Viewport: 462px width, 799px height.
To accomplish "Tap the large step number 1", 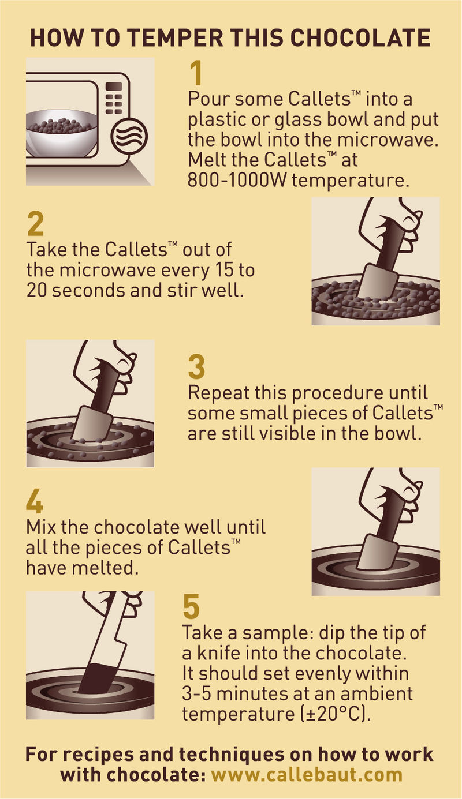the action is point(196,73).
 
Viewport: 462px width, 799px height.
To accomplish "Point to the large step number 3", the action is point(196,367).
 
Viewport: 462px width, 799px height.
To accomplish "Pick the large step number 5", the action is point(191,606).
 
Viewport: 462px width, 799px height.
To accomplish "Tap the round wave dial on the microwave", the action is point(129,136).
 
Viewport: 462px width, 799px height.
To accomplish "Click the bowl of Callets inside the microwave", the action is point(61,133).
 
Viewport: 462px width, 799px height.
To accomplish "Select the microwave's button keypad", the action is point(114,98).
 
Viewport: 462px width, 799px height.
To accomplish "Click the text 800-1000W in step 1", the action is point(237,181).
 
